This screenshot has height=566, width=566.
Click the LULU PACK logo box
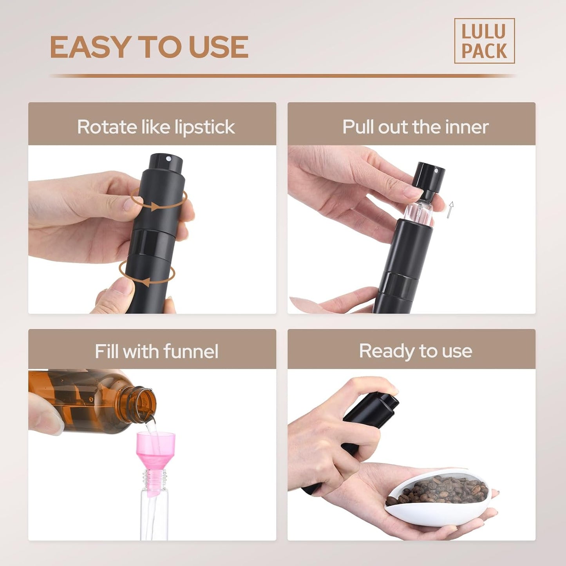click(484, 41)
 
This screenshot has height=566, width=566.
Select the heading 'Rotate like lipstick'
click(156, 127)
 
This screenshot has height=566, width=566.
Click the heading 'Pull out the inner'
click(415, 127)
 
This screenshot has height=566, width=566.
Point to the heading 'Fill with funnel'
click(156, 351)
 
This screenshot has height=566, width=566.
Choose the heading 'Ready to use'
click(415, 351)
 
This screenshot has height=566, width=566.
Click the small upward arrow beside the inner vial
click(451, 210)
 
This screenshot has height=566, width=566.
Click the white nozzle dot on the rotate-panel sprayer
click(168, 159)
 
